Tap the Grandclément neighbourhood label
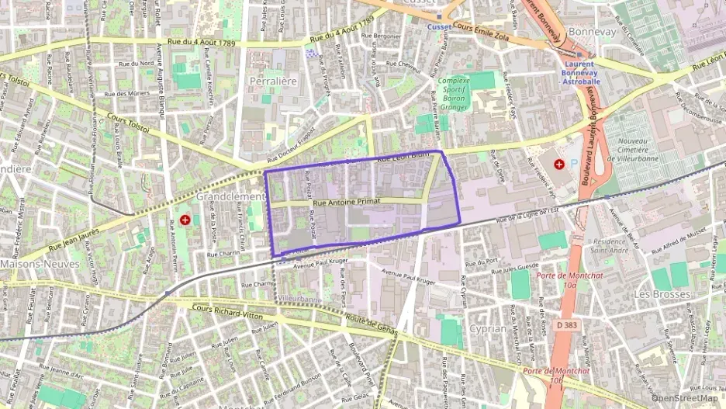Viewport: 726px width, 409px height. [230, 197]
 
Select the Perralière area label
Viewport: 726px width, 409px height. [274, 81]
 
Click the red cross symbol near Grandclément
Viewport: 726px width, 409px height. [185, 220]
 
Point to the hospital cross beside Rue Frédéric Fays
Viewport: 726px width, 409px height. [558, 165]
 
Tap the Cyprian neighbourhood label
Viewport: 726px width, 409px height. [488, 328]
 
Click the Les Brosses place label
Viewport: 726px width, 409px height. [662, 294]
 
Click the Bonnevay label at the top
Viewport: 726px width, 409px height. [592, 31]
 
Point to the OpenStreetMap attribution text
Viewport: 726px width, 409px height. [684, 398]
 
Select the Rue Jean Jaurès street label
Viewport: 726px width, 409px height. [75, 238]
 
